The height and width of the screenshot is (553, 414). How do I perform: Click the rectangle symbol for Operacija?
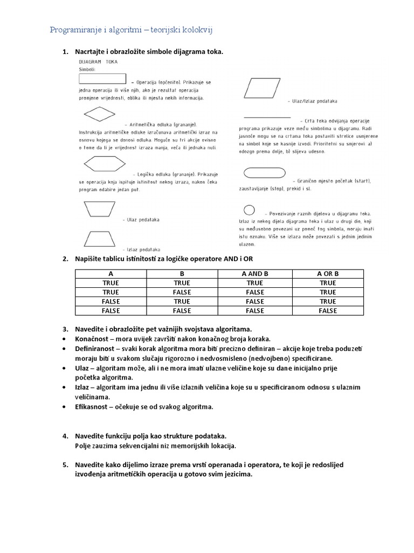pyautogui.click(x=102, y=79)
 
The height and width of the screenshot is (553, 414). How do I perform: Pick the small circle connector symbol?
pyautogui.click(x=250, y=210)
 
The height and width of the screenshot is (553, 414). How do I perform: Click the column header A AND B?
pyautogui.click(x=255, y=274)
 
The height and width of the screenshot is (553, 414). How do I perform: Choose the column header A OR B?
pyautogui.click(x=328, y=274)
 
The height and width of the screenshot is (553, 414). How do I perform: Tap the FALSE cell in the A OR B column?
pyautogui.click(x=328, y=311)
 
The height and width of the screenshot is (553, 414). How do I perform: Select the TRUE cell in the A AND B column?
pyautogui.click(x=255, y=283)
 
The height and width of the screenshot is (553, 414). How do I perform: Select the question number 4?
pyautogui.click(x=65, y=436)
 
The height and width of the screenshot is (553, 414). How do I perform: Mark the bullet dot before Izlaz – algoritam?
pyautogui.click(x=65, y=388)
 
